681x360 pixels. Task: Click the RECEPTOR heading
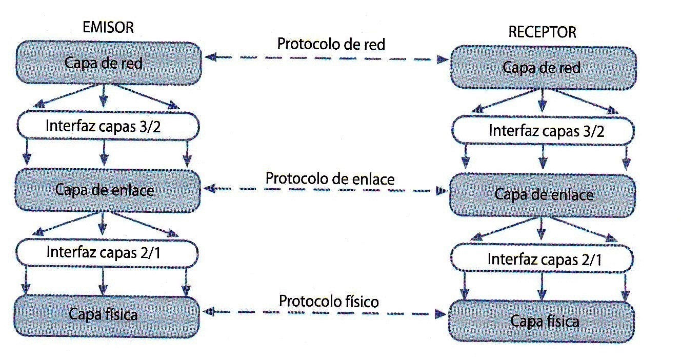(542, 32)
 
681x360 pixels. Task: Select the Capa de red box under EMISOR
(107, 64)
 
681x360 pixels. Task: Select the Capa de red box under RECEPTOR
(543, 68)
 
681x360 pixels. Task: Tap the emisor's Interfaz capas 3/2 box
(107, 126)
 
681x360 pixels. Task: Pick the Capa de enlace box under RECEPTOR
(543, 195)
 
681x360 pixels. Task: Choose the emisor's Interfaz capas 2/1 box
(107, 252)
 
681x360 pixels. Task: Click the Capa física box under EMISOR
(106, 314)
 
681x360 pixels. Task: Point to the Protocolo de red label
(331, 44)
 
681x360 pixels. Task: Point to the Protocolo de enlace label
(330, 179)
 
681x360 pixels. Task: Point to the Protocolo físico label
(329, 301)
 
